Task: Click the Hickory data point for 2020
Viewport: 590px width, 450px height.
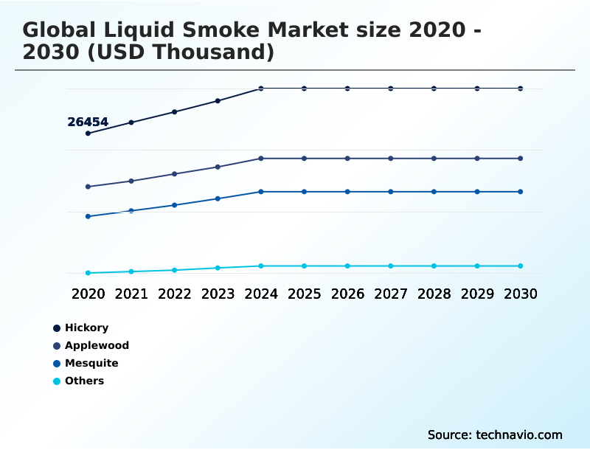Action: pos(88,134)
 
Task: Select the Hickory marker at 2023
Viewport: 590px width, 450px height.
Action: pos(218,100)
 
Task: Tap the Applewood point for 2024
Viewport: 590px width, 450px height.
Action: pos(261,159)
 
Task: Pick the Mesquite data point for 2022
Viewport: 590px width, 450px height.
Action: pos(175,205)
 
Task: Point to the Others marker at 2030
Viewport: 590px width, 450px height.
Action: pos(521,266)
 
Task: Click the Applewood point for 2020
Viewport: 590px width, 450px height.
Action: pos(88,187)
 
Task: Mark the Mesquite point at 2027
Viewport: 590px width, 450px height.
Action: pos(391,192)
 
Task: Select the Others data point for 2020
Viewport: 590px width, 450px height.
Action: pos(88,273)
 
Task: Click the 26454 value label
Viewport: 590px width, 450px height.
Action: pos(88,122)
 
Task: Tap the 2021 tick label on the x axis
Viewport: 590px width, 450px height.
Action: pos(131,294)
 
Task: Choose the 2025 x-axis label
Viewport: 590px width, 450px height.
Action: pos(304,294)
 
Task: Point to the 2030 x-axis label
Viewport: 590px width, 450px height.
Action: pos(521,294)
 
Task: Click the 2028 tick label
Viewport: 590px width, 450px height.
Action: pos(434,294)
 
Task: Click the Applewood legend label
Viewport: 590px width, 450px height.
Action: pos(97,345)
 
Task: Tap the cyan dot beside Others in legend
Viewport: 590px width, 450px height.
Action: pos(57,381)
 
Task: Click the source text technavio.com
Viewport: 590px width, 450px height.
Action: pos(519,435)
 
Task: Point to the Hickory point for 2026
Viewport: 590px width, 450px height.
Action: pos(347,89)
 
